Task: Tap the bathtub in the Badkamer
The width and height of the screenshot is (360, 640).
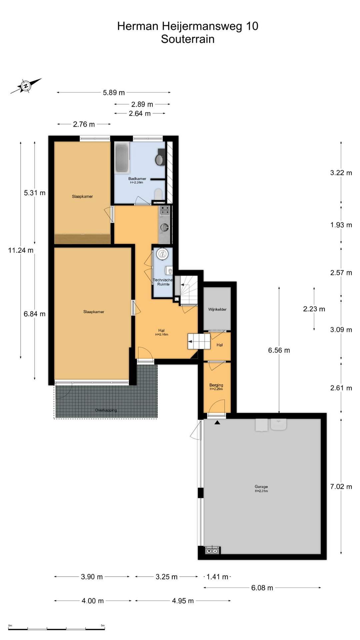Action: (122, 158)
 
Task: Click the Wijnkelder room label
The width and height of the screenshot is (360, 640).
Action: (217, 309)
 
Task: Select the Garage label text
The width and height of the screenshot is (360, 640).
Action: (261, 487)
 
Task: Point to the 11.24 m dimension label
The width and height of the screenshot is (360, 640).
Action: (21, 250)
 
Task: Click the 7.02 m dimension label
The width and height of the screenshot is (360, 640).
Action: (341, 487)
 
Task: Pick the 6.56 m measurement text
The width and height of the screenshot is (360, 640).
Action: (279, 350)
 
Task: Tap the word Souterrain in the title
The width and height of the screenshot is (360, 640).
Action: (188, 39)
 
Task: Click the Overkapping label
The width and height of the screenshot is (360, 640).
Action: (106, 410)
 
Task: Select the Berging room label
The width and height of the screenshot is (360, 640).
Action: (216, 385)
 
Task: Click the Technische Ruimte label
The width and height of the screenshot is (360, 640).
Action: (163, 282)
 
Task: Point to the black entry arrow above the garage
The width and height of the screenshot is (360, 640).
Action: (217, 423)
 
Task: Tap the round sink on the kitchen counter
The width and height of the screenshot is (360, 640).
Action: (164, 227)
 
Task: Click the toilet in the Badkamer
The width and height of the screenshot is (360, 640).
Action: (159, 194)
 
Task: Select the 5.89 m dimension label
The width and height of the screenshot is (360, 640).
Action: (114, 93)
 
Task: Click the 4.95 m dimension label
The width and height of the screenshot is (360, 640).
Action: (183, 601)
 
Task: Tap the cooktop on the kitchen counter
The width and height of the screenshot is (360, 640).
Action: (165, 210)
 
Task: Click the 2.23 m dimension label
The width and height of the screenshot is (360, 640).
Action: (314, 309)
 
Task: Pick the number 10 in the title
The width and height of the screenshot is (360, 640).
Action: (252, 26)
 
